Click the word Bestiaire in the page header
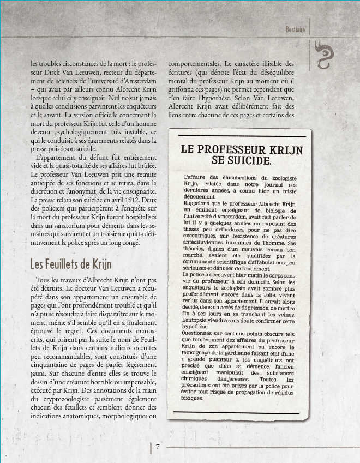[296, 29]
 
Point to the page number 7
[158, 447]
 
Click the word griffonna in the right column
[185, 90]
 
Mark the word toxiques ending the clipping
[193, 398]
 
